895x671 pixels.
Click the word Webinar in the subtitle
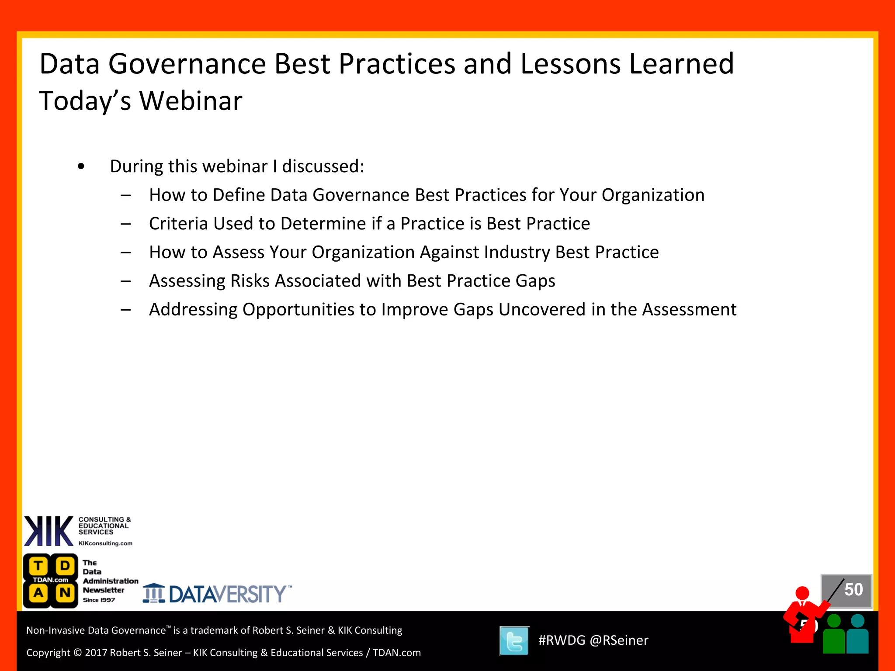coord(191,101)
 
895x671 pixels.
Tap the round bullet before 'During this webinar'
coord(81,166)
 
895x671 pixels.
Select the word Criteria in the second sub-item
coord(178,224)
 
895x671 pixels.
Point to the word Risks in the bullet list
coord(250,281)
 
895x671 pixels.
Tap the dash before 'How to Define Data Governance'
coord(126,195)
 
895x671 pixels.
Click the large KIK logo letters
coord(49,531)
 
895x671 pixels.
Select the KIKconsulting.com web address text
coord(105,543)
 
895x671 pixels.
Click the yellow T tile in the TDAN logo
coord(38,566)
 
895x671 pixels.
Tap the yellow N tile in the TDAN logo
coord(65,593)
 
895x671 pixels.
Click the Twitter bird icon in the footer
coord(514,641)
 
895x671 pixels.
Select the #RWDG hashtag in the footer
coord(562,640)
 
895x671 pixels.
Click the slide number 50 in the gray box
coord(853,590)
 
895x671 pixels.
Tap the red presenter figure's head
coord(802,593)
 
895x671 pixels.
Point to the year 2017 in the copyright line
coord(96,653)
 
